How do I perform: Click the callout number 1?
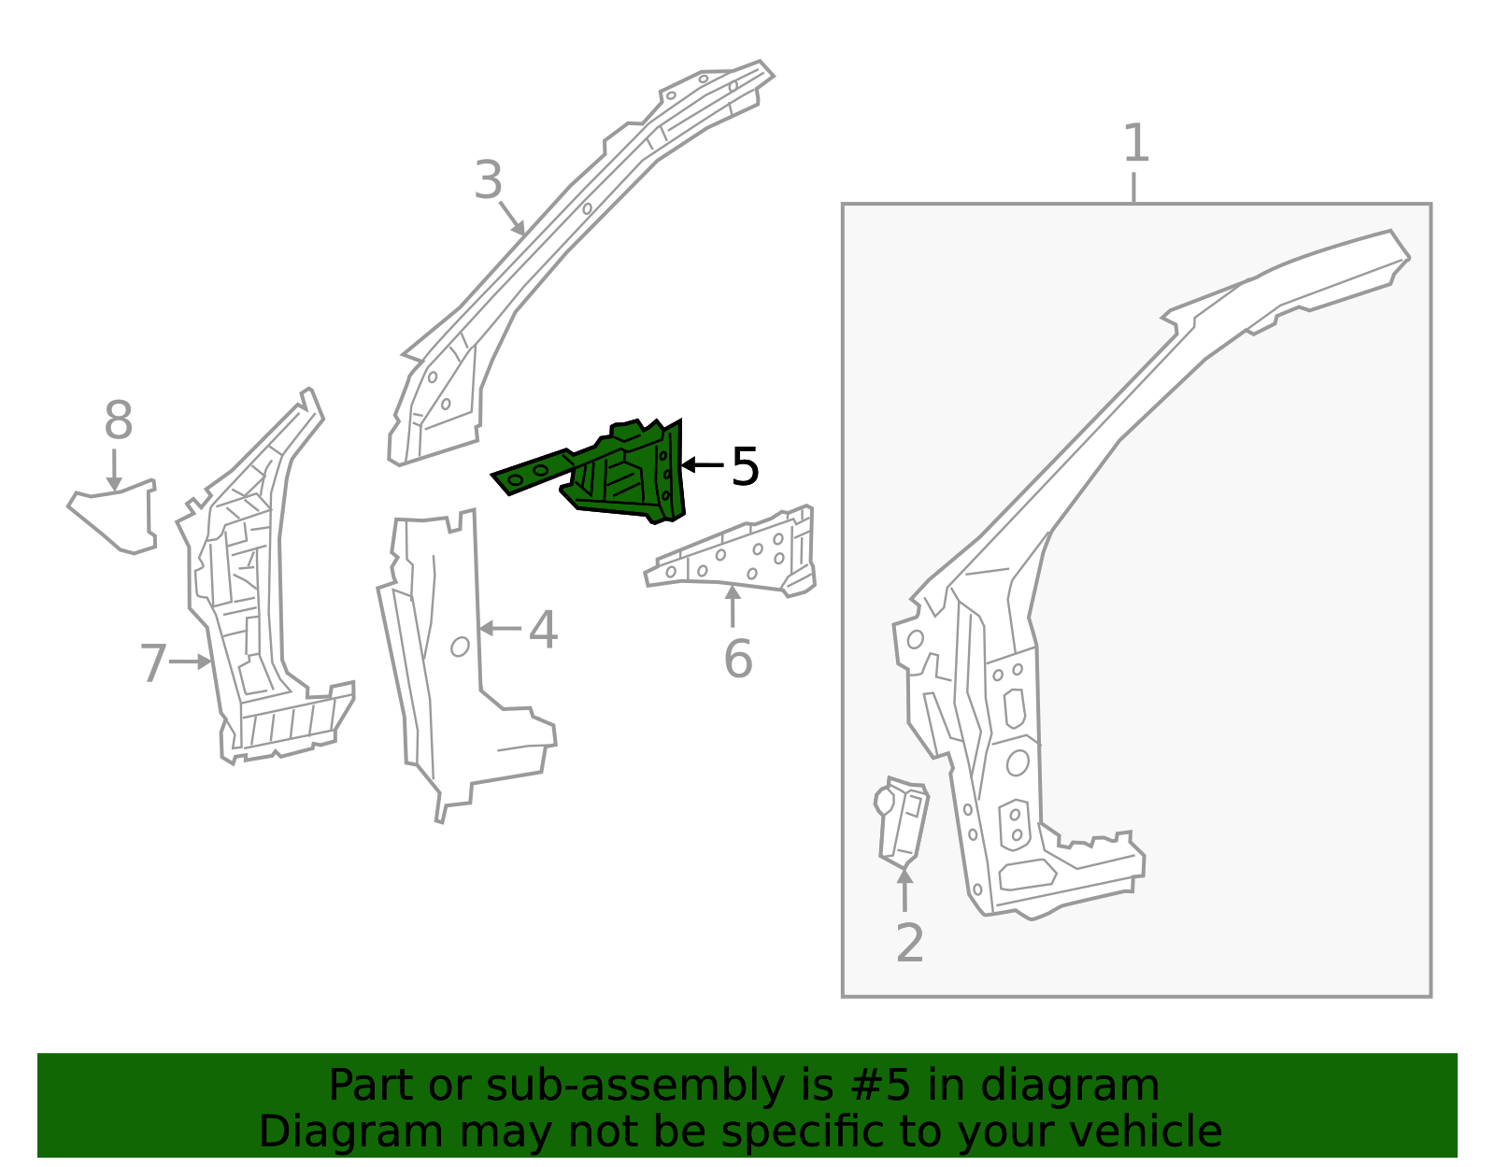[1135, 144]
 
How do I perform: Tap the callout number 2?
[909, 943]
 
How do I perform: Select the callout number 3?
[488, 180]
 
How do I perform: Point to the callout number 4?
[543, 630]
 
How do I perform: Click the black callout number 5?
[745, 466]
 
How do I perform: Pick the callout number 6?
[738, 660]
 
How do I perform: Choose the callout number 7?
[153, 663]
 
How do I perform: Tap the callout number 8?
[119, 420]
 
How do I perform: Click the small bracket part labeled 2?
[902, 820]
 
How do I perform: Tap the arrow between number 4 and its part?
[501, 629]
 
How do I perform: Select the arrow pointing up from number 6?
[733, 605]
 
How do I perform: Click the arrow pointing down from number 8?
[114, 469]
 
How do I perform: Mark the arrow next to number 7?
[191, 662]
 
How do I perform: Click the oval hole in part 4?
[460, 646]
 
